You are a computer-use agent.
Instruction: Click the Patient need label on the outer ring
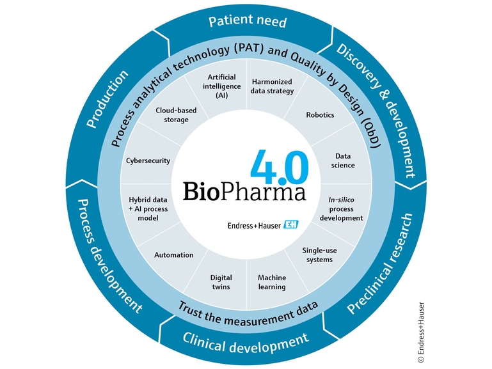click(248, 22)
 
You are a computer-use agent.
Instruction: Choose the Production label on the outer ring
click(107, 99)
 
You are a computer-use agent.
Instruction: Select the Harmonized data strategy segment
click(273, 86)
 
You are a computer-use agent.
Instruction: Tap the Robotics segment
click(320, 115)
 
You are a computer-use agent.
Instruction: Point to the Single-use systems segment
click(319, 255)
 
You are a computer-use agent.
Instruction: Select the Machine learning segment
click(272, 282)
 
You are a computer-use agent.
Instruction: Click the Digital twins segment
click(221, 282)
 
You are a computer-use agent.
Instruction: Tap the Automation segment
click(173, 255)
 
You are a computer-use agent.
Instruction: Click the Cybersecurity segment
click(148, 161)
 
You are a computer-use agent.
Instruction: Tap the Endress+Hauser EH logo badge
click(292, 225)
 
